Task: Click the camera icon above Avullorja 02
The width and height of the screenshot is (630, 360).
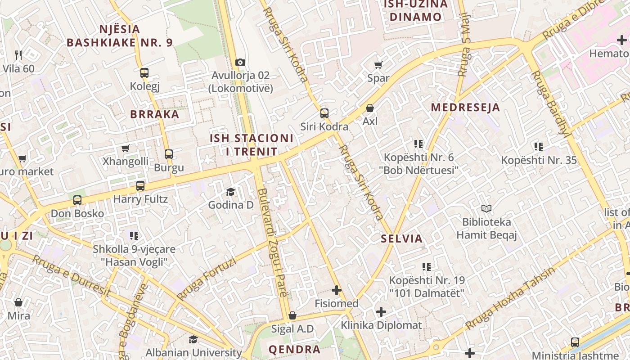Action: click(240, 62)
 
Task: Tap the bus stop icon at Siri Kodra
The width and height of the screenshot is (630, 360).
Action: click(324, 113)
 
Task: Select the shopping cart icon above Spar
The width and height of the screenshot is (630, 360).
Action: click(378, 65)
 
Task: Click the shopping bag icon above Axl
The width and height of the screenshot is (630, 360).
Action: click(370, 108)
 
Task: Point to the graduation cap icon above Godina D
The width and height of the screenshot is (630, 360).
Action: click(230, 192)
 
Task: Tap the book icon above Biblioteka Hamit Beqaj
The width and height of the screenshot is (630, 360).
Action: click(486, 208)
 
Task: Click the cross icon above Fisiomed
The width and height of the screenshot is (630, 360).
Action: click(337, 290)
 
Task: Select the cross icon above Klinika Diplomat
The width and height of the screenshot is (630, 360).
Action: click(381, 312)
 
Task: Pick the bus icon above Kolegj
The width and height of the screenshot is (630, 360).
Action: click(144, 72)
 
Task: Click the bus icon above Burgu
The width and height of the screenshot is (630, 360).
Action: click(169, 154)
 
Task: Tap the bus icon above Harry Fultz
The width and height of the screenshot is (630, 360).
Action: click(140, 185)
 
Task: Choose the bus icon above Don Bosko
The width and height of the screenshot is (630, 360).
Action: click(77, 200)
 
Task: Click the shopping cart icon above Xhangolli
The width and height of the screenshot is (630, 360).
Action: click(126, 148)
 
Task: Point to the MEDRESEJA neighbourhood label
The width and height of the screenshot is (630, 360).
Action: click(465, 108)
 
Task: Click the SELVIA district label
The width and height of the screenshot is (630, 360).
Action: click(402, 238)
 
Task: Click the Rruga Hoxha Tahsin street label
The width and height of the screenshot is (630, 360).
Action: click(510, 299)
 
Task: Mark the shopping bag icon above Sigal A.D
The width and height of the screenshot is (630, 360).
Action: click(292, 315)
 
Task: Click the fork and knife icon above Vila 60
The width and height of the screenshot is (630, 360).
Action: click(18, 55)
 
